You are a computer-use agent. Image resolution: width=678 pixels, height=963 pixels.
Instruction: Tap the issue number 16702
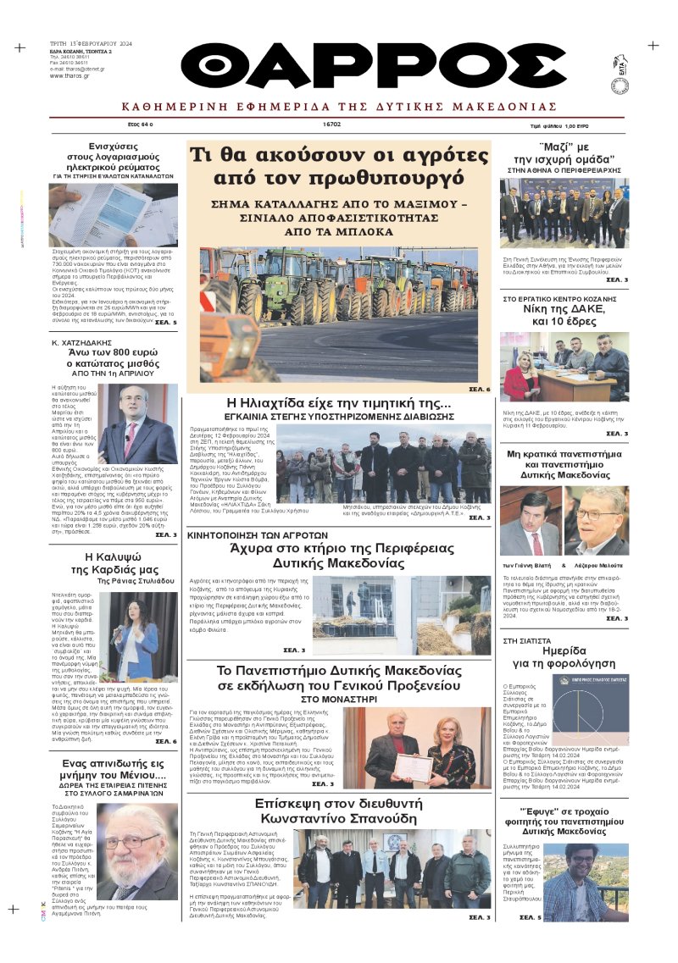(331, 124)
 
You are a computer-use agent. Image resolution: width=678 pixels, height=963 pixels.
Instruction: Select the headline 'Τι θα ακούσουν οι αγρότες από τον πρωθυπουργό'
(339, 166)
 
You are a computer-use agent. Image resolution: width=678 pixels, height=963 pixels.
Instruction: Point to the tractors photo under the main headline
(339, 315)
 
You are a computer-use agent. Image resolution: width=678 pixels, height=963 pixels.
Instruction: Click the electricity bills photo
(101, 215)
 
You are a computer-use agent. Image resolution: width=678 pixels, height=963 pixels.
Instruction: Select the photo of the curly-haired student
(586, 880)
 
